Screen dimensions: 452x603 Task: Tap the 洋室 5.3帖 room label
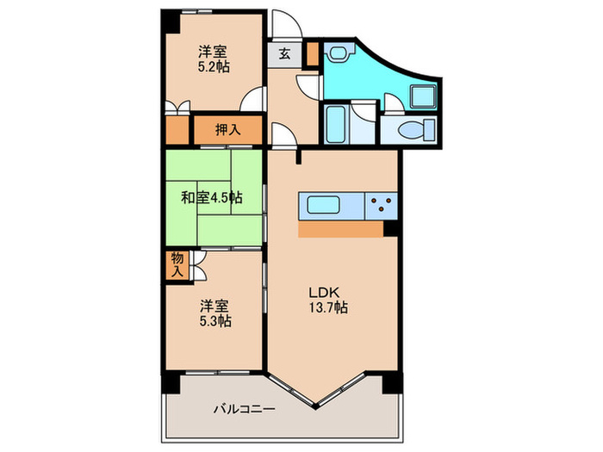coord(215,313)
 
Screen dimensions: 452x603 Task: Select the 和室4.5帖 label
coord(211,197)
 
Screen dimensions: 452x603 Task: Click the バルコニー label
coord(244,410)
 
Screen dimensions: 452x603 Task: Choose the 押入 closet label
coord(227,131)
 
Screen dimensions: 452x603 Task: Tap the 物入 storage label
coord(177,264)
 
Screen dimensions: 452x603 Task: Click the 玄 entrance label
coord(283,53)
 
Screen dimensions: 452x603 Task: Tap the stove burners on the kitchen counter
coord(381,207)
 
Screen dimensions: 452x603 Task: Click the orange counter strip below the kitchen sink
coord(341,230)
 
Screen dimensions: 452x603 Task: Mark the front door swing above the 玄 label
coord(283,24)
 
